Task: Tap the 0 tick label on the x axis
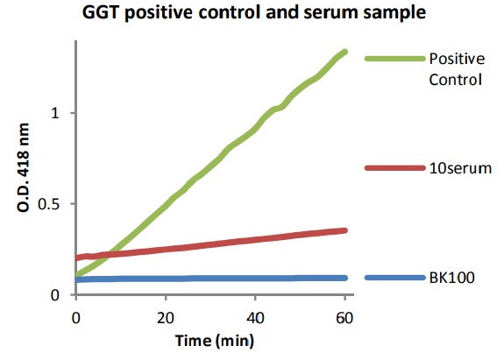76,315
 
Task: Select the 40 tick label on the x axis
255,315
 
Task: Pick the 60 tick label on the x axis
344,315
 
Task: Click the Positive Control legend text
456,69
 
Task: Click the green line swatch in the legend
393,59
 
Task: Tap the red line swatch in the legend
393,167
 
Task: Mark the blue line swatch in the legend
393,278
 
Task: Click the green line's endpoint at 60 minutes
344,53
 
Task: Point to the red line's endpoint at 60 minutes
344,230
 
